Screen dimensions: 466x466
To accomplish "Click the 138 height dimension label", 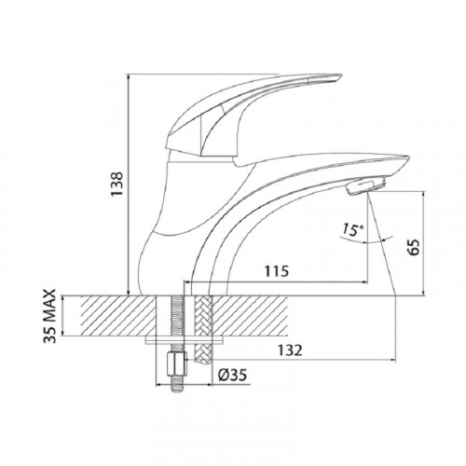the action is [117, 184].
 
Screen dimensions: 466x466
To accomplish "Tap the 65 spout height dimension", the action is [414, 247].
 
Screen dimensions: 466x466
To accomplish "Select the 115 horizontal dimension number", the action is [277, 271].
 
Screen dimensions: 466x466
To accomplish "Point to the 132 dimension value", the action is [290, 350].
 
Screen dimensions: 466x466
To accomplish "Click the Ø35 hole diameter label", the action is [232, 375].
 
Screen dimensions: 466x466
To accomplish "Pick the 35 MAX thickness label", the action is [49, 316].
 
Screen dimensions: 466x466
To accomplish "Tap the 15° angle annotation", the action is [353, 230].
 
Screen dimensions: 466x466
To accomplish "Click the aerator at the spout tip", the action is [366, 186].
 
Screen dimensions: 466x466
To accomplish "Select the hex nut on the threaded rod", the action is [177, 363].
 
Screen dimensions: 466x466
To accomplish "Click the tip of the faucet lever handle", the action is [339, 76].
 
